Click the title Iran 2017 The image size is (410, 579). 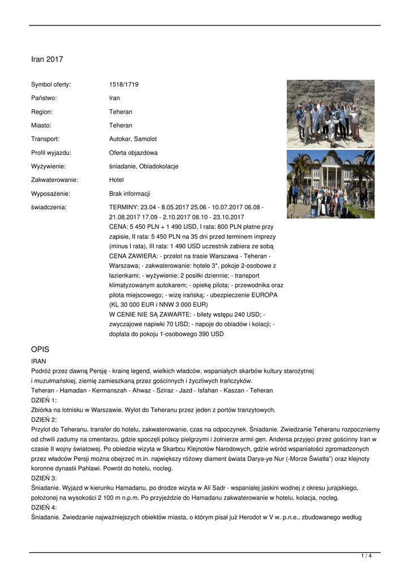click(47, 59)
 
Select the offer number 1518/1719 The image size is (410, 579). click(124, 85)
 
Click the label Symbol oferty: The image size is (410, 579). click(51, 85)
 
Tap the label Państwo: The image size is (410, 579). click(44, 98)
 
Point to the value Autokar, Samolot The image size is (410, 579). click(133, 139)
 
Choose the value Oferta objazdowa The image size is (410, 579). click(133, 153)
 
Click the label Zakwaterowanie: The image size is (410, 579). click(54, 180)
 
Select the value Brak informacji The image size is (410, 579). click(130, 193)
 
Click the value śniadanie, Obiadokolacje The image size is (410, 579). click(144, 166)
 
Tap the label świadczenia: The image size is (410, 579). click(49, 208)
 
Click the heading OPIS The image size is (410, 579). click(40, 349)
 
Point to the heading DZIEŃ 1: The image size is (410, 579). click(44, 400)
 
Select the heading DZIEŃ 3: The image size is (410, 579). click(44, 478)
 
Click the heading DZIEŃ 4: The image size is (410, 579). click(44, 507)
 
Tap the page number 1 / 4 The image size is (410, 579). click(366, 556)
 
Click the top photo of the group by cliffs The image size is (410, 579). click(330, 114)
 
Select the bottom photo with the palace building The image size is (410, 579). click(330, 184)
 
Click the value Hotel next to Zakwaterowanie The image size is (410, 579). click(116, 180)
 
